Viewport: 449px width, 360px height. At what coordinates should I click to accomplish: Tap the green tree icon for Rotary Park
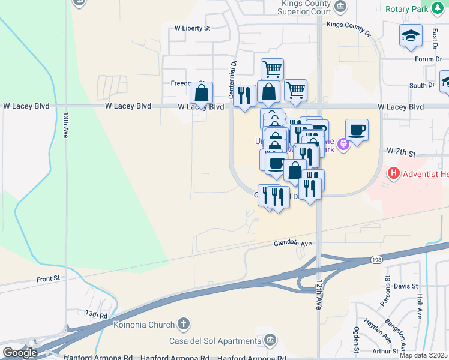(440, 8)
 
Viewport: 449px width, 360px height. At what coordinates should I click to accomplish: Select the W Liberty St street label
(192, 28)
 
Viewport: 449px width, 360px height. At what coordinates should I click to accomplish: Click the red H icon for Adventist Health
(394, 174)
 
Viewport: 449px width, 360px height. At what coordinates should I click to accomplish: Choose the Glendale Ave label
(293, 244)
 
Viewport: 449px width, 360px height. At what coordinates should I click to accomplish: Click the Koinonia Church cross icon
(184, 325)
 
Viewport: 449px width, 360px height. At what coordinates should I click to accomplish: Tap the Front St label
(48, 279)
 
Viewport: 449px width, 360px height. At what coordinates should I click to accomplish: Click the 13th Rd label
(96, 314)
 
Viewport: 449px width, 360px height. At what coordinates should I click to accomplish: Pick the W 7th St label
(402, 153)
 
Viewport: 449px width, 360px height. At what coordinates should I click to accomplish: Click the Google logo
(20, 353)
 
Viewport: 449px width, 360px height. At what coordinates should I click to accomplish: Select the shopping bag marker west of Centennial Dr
(201, 94)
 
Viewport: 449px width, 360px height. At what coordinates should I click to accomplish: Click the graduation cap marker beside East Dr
(411, 36)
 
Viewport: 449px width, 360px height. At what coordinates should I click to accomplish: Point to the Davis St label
(406, 286)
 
